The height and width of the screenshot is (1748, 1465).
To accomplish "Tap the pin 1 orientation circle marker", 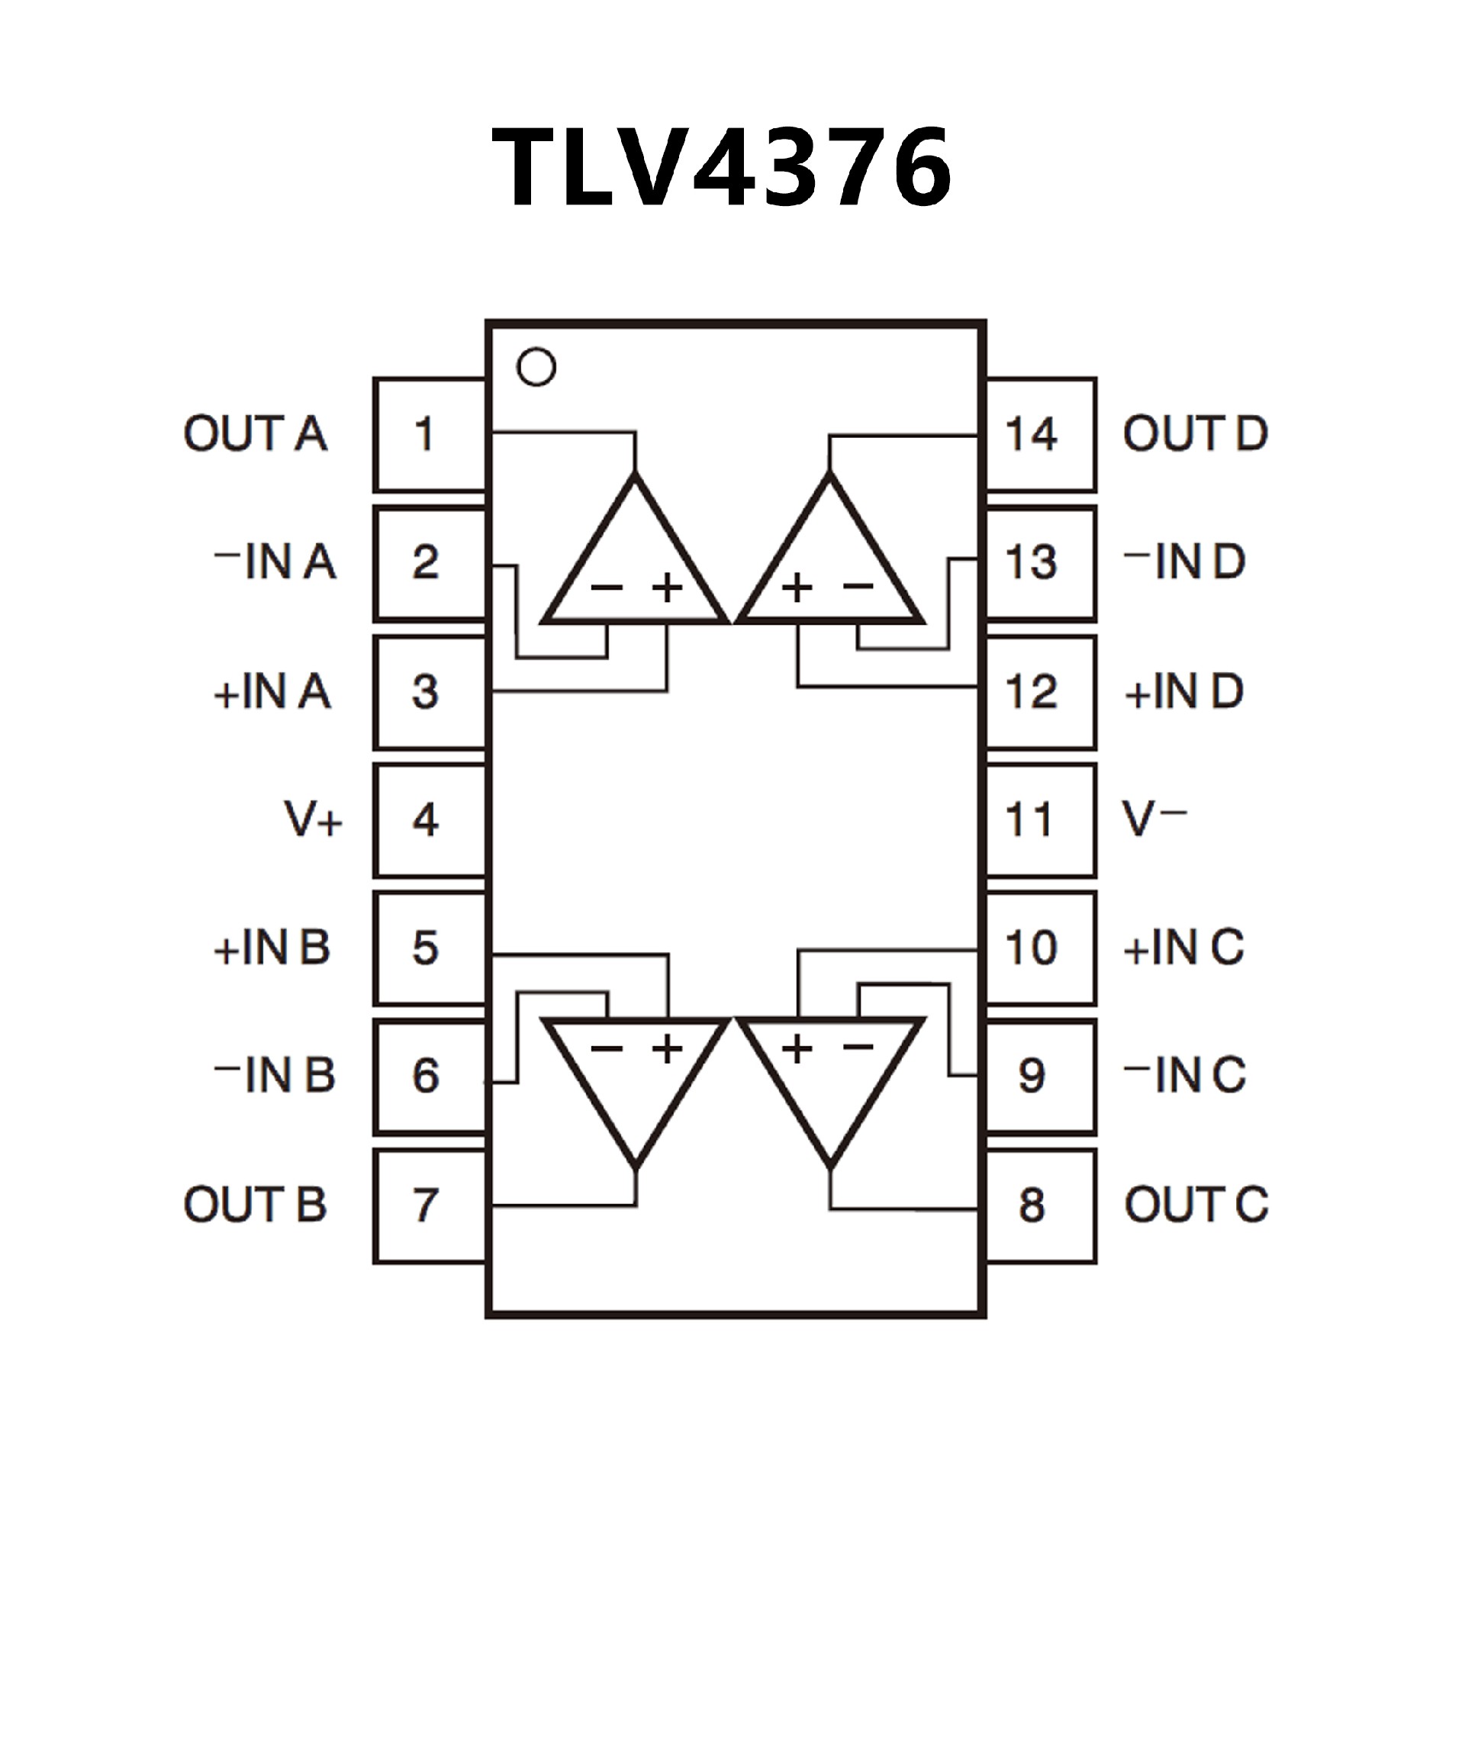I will click(536, 367).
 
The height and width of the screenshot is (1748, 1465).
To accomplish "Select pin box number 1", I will click(429, 434).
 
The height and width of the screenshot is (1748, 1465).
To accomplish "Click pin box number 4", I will click(429, 820).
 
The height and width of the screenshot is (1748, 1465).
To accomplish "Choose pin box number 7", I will click(429, 1206).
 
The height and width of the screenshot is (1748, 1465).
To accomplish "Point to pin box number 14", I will click(1041, 434).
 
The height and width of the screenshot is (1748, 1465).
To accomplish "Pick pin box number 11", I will click(1041, 820).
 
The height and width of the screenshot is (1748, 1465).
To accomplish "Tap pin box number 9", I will click(1041, 1076).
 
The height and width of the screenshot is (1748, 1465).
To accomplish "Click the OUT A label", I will click(255, 433).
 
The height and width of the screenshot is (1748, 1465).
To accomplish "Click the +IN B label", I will click(272, 948).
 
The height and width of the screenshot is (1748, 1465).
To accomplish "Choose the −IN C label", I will click(1184, 1076).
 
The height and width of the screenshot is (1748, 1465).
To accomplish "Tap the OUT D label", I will click(1196, 433).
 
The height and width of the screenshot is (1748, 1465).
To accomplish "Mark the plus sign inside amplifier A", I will click(668, 587).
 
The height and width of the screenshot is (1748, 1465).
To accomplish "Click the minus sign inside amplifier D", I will click(858, 586).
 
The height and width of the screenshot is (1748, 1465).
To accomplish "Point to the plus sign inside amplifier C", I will click(797, 1048).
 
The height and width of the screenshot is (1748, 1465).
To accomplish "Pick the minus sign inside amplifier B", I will click(607, 1048).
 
